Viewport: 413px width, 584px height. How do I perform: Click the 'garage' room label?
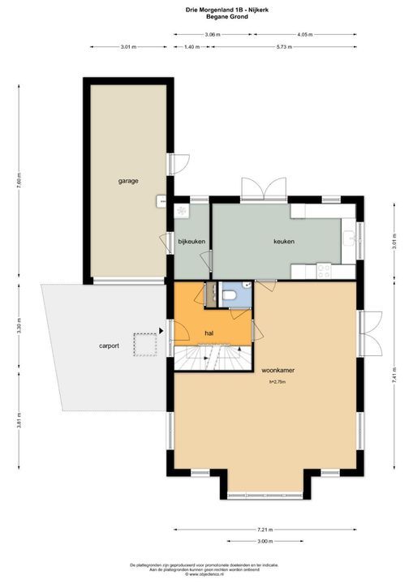(127, 181)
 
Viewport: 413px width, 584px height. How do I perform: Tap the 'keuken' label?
(283, 241)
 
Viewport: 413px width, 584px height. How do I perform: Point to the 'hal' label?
(209, 333)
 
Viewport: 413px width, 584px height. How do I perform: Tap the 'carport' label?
(109, 346)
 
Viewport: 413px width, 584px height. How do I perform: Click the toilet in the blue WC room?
(230, 295)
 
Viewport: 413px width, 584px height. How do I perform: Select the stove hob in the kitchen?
(324, 268)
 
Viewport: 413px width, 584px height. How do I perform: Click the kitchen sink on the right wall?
(350, 236)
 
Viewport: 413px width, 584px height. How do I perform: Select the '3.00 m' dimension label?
(265, 541)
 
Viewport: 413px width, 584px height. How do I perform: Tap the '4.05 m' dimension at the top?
(305, 35)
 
